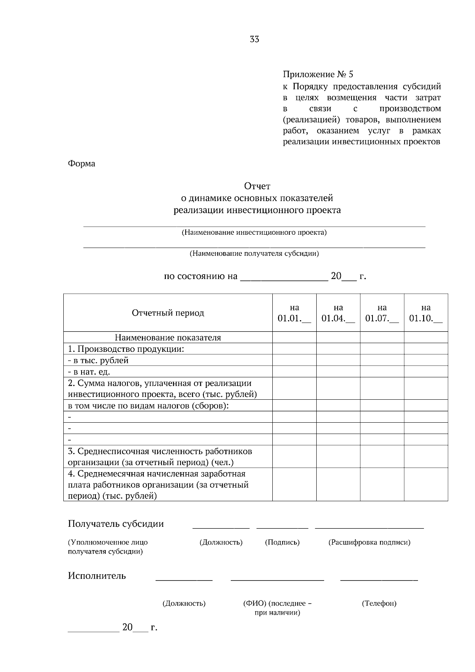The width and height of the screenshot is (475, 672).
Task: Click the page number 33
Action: [x=255, y=39]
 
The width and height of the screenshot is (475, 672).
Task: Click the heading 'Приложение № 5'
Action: [x=317, y=74]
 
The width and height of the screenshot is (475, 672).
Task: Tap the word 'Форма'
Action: [x=82, y=163]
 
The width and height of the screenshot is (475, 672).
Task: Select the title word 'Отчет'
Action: [x=257, y=186]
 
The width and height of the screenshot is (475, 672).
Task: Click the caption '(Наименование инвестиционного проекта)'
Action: [x=254, y=232]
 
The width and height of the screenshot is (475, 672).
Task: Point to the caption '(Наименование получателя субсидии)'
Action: [x=254, y=253]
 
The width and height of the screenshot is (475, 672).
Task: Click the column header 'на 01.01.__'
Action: [x=294, y=313]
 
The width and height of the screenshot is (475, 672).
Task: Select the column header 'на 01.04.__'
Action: [x=338, y=313]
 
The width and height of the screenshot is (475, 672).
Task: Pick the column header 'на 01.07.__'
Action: [x=382, y=313]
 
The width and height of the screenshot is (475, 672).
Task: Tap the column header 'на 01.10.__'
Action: [x=426, y=313]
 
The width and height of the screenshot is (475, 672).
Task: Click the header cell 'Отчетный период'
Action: [x=168, y=313]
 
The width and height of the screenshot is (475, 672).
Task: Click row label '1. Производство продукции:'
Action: [x=126, y=349]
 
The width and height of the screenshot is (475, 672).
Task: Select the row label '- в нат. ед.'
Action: [x=89, y=372]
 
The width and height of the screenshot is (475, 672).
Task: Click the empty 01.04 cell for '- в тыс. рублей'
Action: [x=338, y=360]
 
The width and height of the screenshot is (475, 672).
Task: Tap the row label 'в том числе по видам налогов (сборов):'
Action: [x=148, y=406]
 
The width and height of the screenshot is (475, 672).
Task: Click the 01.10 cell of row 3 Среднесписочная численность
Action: [x=426, y=457]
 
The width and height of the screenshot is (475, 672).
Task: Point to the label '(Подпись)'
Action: [x=282, y=542]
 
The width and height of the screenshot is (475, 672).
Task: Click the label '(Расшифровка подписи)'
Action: [x=369, y=542]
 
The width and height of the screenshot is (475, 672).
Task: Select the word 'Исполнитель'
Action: [x=97, y=576]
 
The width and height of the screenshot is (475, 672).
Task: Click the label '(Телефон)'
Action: [x=379, y=604]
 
